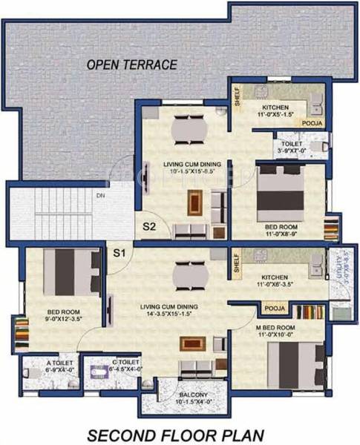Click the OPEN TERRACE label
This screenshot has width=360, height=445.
point(131,65)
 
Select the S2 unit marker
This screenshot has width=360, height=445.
point(149,227)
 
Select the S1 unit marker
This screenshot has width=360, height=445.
point(120,253)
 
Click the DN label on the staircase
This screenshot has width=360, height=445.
point(100,196)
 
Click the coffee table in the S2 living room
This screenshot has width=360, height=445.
point(194,200)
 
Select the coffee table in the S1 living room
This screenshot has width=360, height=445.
point(193,343)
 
